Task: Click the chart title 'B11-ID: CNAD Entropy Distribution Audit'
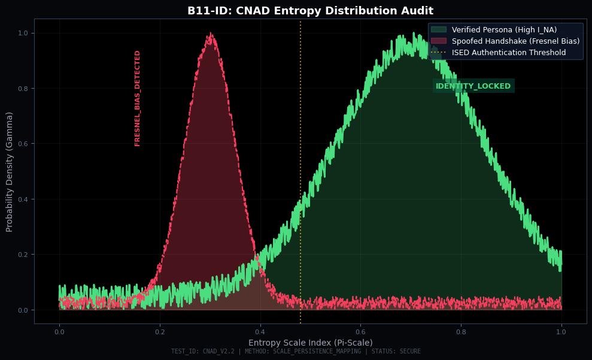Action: tap(310, 11)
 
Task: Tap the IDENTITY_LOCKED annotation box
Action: tap(473, 86)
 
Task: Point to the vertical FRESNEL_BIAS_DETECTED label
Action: tap(138, 98)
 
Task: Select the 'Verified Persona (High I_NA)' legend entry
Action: tap(504, 29)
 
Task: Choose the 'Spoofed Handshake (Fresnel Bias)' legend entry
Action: tap(515, 41)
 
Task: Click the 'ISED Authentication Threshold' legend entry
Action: tap(508, 52)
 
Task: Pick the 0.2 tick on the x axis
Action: tap(160, 331)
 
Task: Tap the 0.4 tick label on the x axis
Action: tap(260, 331)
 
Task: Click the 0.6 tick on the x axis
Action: tap(360, 331)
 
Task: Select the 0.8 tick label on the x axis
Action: tap(461, 331)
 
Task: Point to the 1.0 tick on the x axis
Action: tap(561, 331)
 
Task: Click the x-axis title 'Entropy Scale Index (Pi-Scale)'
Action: tap(310, 343)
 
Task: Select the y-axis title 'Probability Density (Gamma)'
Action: tap(10, 171)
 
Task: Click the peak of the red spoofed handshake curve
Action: tap(210, 35)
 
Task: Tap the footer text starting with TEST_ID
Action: tap(296, 352)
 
